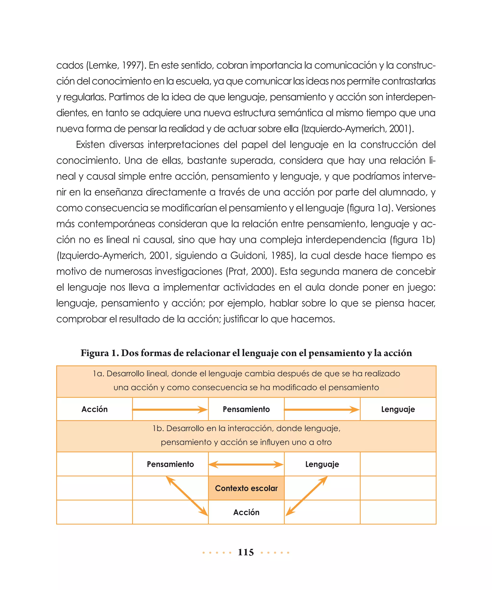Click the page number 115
[x=246, y=552]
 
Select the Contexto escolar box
[x=246, y=488]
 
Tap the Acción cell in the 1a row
[x=94, y=409]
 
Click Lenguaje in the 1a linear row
[x=398, y=409]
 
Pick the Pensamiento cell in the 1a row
[x=246, y=409]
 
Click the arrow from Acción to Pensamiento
[x=170, y=409]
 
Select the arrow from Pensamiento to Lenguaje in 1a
[x=322, y=409]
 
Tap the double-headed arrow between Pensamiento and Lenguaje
[x=246, y=464]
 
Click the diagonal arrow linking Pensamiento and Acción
[x=187, y=496]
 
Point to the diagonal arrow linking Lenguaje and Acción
[x=307, y=496]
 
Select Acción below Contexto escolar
[x=246, y=512]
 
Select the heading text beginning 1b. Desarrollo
[x=246, y=428]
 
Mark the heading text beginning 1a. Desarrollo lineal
[x=246, y=374]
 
